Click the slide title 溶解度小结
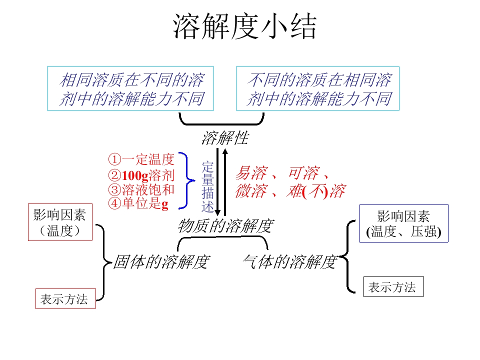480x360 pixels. [x=244, y=27]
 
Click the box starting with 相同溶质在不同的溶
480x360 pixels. [x=130, y=88]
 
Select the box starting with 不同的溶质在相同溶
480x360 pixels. [x=318, y=88]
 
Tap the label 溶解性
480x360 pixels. [x=224, y=138]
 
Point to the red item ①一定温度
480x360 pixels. [x=141, y=159]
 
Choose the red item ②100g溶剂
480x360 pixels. [x=141, y=175]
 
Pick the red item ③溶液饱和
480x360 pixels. [x=141, y=189]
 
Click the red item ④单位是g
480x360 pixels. [x=138, y=203]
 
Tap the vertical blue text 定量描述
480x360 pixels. [x=208, y=186]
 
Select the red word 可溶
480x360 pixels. [x=303, y=173]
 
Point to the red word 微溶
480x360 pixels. [x=250, y=191]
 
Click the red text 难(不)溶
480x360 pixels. [x=315, y=191]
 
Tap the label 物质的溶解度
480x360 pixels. [x=225, y=226]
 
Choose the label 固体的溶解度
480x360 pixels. [x=160, y=261]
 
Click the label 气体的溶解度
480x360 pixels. [x=289, y=261]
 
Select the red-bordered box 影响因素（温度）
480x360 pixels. [x=60, y=223]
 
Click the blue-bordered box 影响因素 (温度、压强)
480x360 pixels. [x=403, y=224]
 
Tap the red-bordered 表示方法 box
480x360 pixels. [x=65, y=299]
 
